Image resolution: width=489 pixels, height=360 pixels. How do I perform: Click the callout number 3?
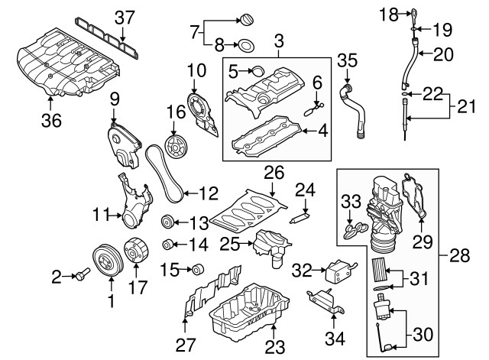[279, 37]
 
